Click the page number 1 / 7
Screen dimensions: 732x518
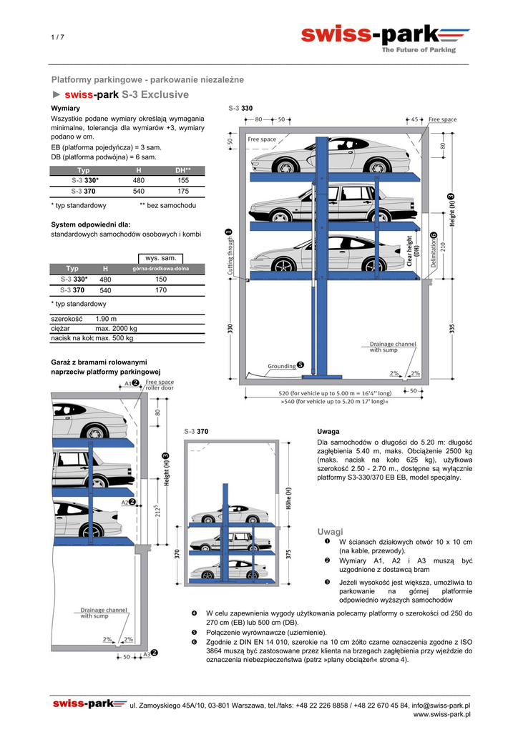tap(57, 37)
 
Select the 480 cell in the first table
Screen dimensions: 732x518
tap(139, 181)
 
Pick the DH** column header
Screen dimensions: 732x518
tap(183, 170)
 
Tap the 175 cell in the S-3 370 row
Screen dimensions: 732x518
tap(183, 192)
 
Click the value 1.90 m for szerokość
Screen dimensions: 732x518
tap(106, 319)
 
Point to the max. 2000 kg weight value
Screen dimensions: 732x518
tap(117, 329)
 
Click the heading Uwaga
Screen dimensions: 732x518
tap(328, 432)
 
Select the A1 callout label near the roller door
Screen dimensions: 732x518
tap(128, 383)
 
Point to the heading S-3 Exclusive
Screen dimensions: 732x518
tap(155, 95)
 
